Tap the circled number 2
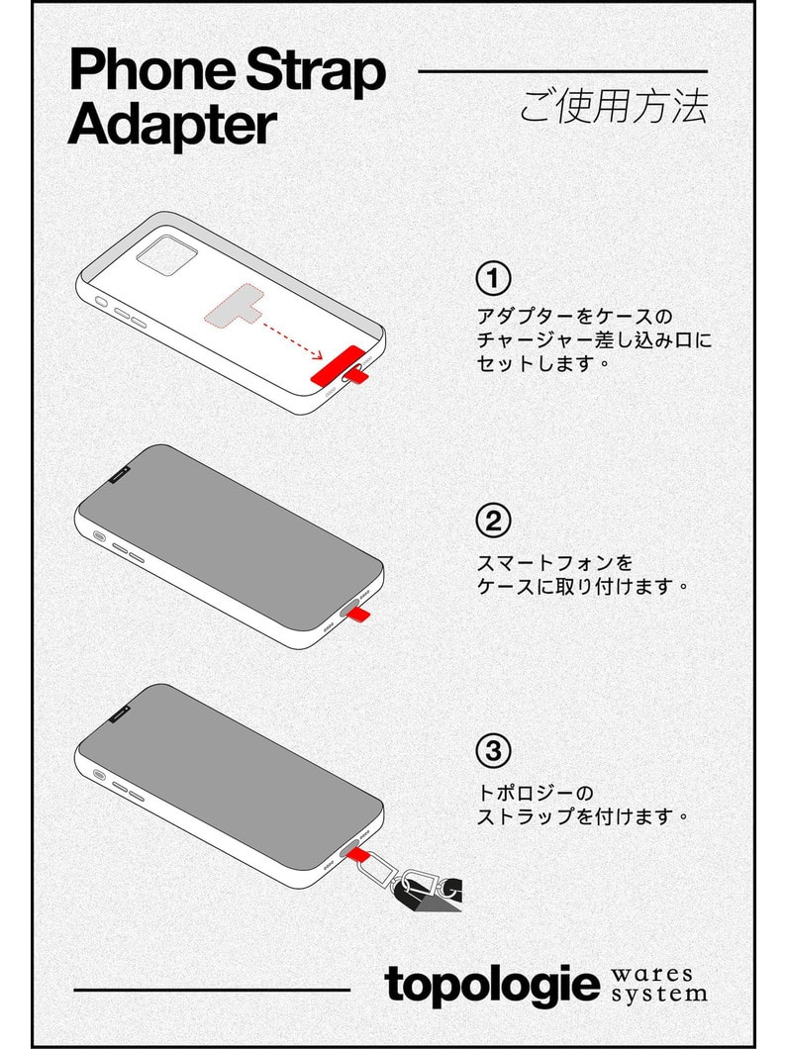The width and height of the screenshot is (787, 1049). pos(492,521)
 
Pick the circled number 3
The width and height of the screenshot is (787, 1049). pos(492,749)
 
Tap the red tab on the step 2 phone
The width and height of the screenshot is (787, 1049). pos(361,614)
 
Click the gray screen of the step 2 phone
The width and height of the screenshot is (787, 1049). pos(228,534)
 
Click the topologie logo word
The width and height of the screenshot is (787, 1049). pos(492,985)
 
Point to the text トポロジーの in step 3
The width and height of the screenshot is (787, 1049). pos(535,794)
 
